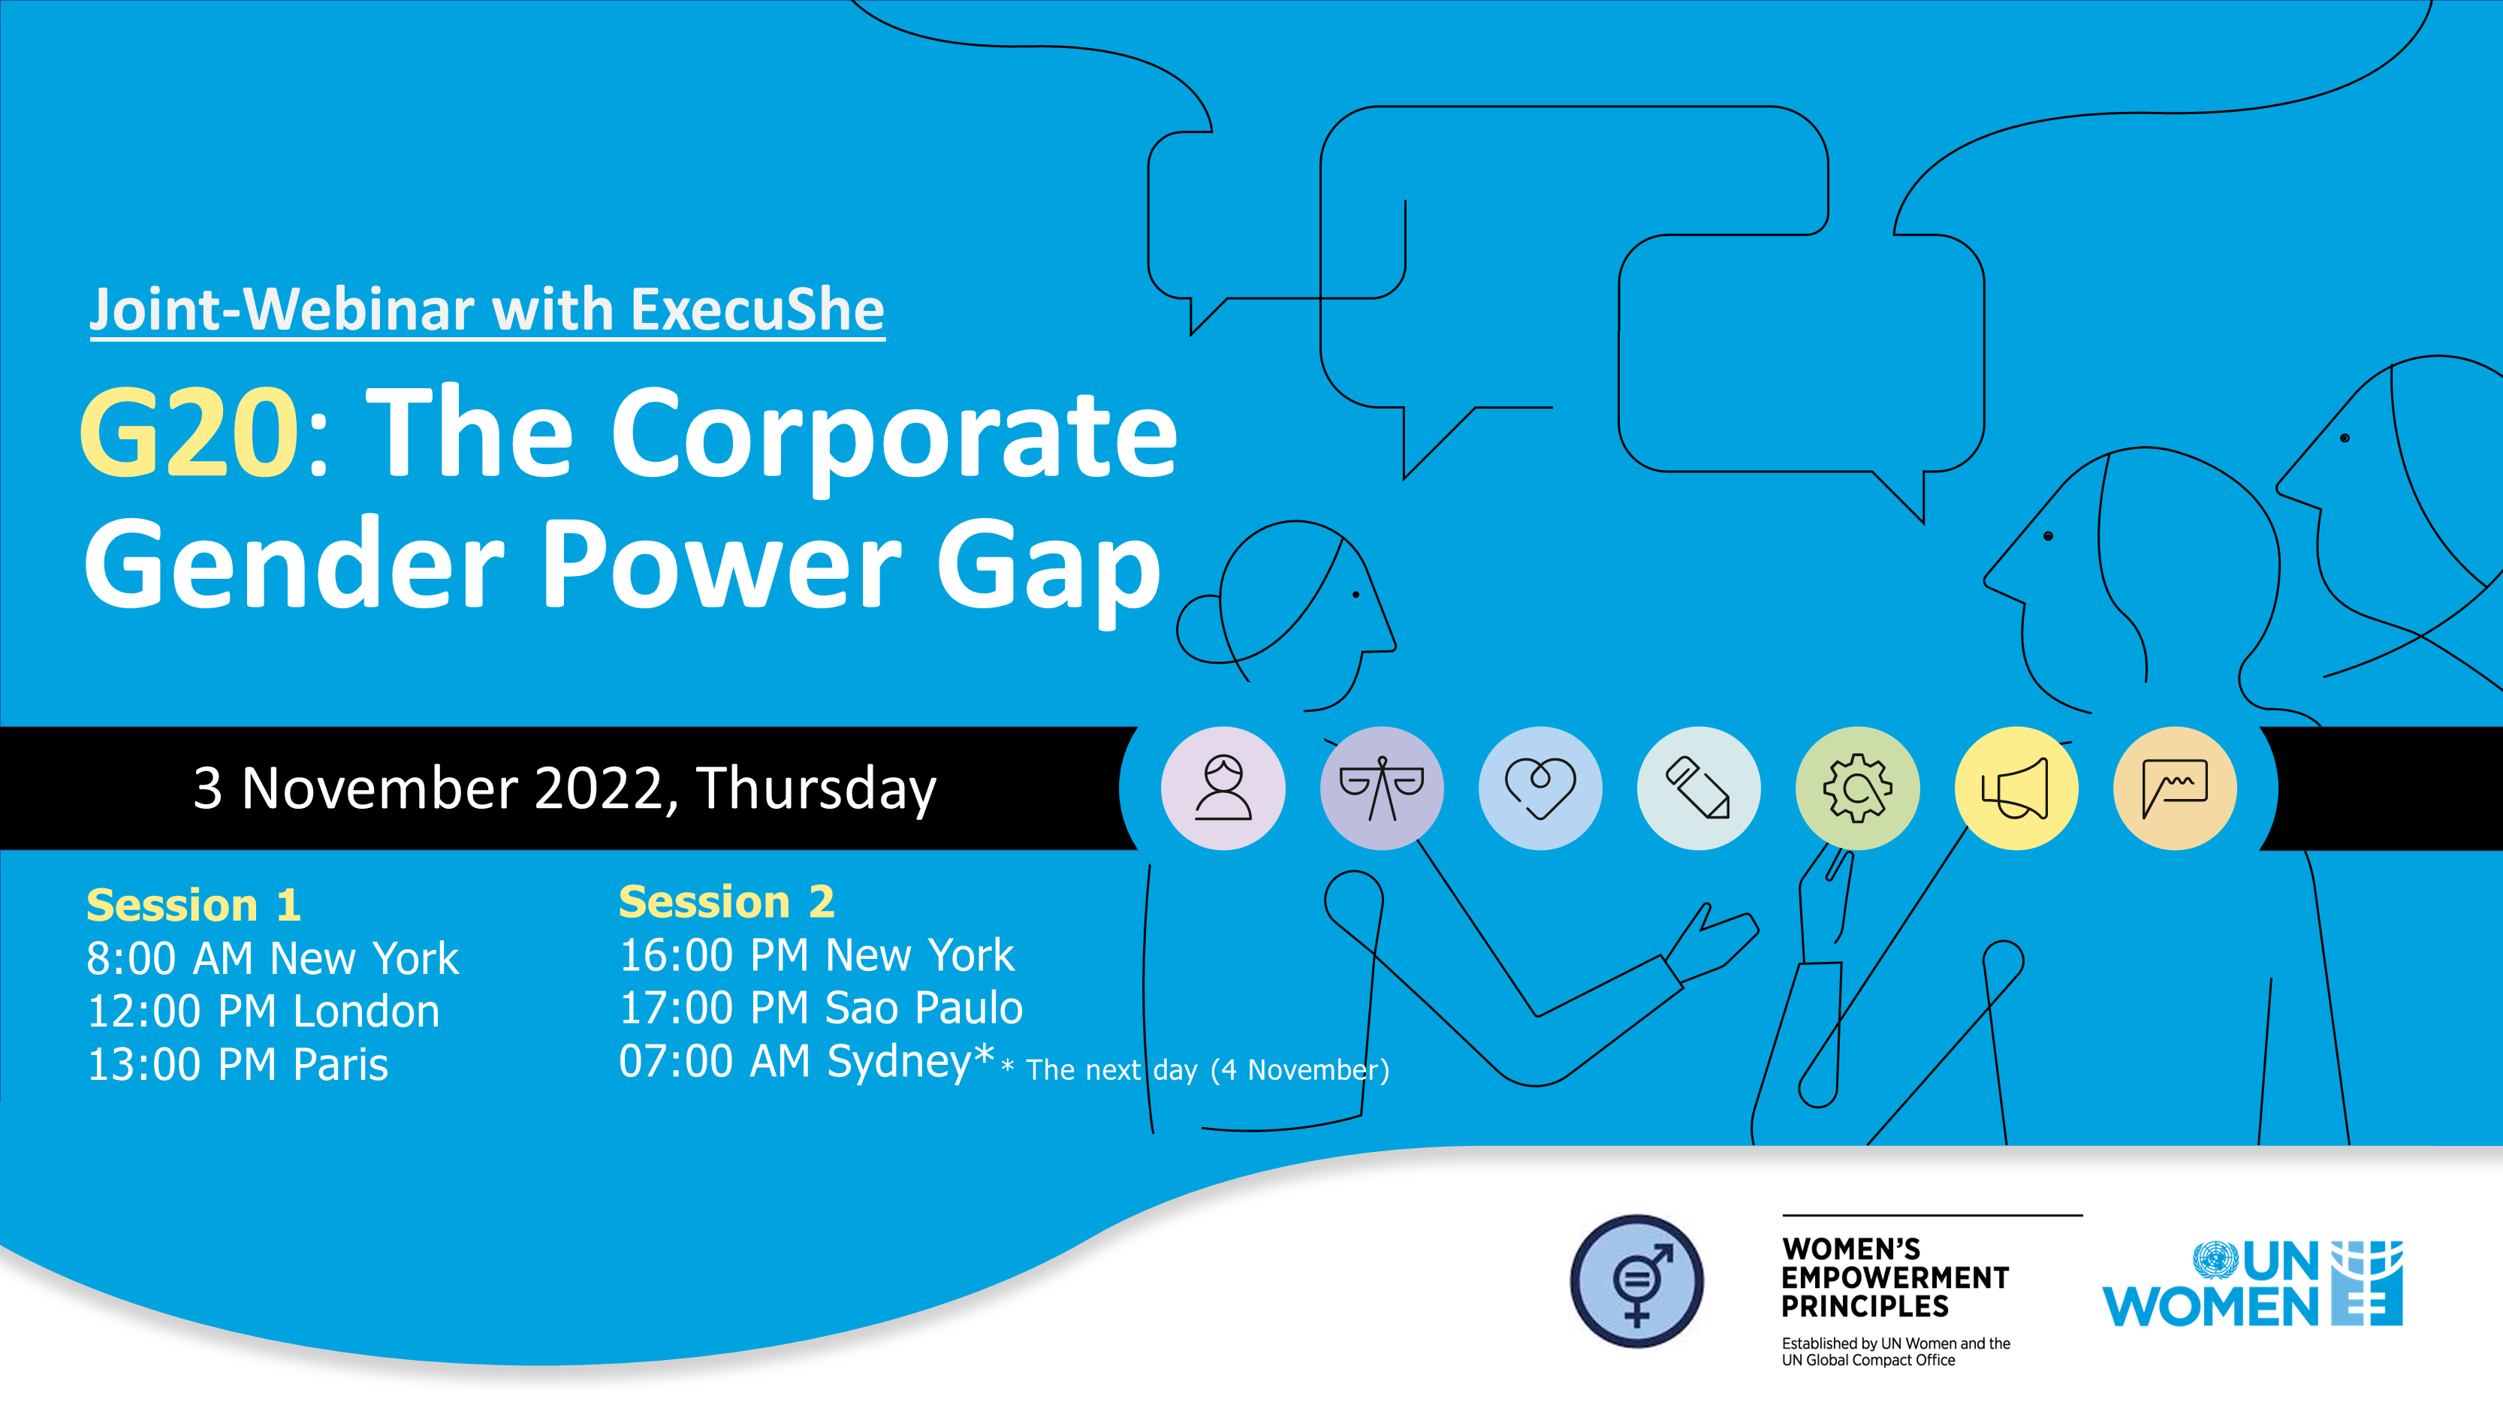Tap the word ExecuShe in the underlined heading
757,310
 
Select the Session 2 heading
726,902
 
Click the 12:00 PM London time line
264,1012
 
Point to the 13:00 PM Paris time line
237,1065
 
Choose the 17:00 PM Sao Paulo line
821,1008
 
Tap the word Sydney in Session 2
899,1061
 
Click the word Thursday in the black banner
816,788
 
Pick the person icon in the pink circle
1223,788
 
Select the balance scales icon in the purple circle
1381,788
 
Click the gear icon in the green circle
1857,788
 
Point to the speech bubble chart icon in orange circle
2175,788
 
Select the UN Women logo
2252,1283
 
